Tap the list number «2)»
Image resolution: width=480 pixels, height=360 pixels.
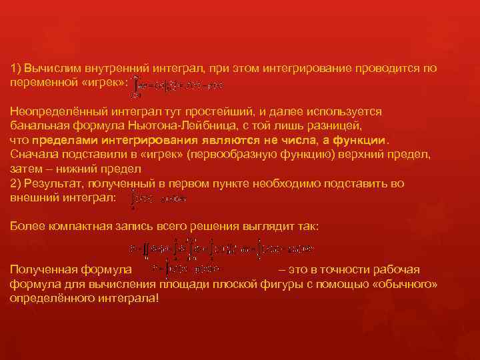point(15,183)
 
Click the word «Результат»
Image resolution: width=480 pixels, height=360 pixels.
point(51,183)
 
